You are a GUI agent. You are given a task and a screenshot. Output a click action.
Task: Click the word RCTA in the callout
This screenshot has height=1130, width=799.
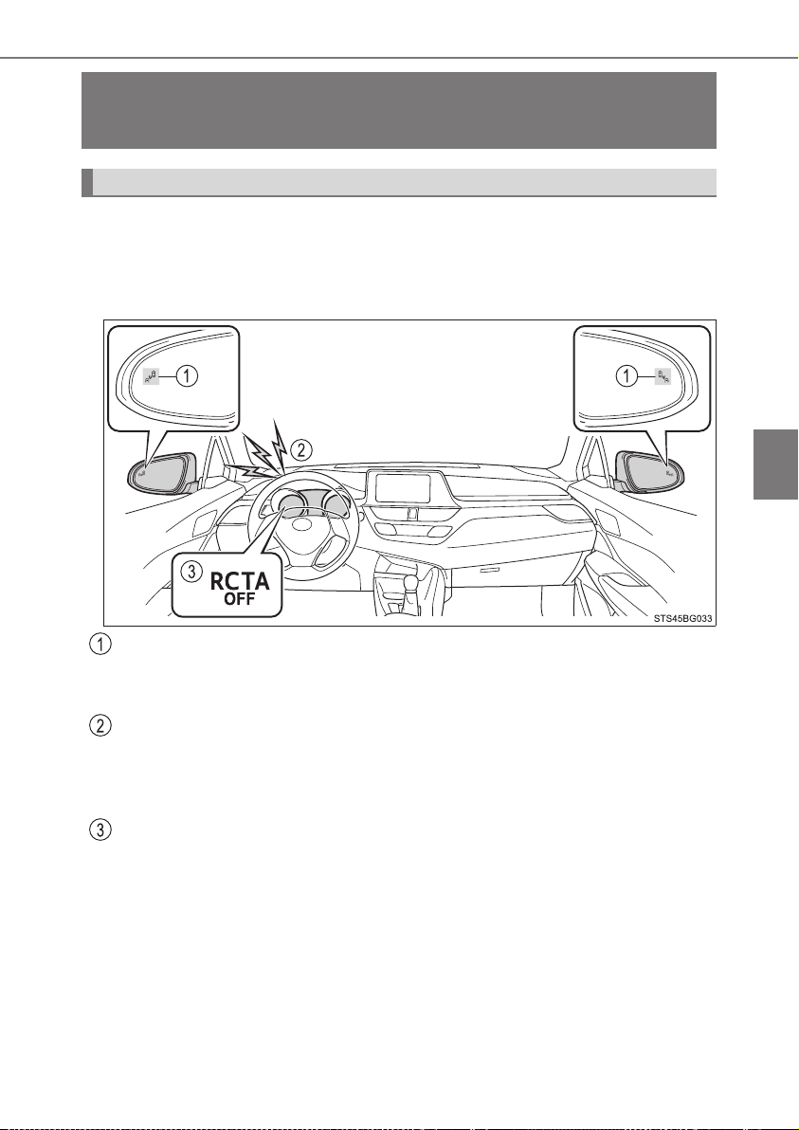coord(240,581)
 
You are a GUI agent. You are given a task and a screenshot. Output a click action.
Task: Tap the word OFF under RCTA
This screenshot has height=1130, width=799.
coord(240,599)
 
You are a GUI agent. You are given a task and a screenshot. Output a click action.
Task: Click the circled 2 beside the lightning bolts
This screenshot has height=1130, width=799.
coord(303,450)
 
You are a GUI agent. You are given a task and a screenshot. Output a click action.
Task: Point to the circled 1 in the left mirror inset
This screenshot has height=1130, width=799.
coord(187,375)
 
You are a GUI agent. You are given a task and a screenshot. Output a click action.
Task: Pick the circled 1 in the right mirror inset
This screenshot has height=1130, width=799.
coord(626,375)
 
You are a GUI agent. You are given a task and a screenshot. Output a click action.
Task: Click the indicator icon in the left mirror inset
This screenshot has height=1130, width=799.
coord(151,375)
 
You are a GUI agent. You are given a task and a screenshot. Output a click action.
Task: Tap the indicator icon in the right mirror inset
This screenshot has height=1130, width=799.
coord(663,375)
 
